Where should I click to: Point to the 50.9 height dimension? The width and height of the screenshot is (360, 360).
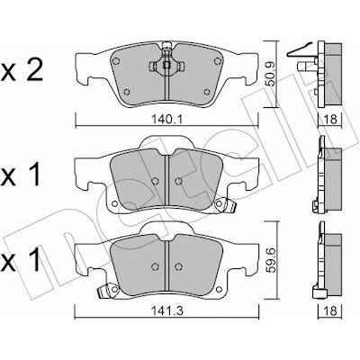click(272, 75)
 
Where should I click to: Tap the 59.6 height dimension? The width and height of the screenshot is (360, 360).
click(272, 259)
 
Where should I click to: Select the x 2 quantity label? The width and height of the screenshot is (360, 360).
click(22, 71)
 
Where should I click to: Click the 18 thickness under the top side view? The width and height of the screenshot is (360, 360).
click(331, 120)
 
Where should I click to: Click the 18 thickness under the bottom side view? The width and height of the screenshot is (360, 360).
click(331, 310)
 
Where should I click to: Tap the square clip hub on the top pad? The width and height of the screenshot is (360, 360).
click(166, 65)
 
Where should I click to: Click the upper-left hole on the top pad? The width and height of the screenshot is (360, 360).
click(116, 61)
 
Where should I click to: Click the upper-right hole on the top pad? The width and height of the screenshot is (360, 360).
click(217, 61)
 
